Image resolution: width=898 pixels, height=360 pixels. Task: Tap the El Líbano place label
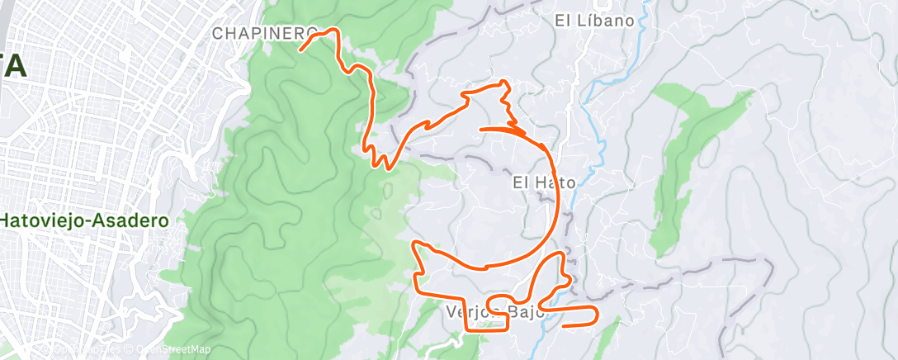(594, 21)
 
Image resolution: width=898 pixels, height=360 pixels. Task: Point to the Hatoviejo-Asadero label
(84, 221)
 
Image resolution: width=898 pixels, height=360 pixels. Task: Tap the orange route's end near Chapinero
(300, 50)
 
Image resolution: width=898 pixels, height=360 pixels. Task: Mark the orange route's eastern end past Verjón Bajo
(563, 325)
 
